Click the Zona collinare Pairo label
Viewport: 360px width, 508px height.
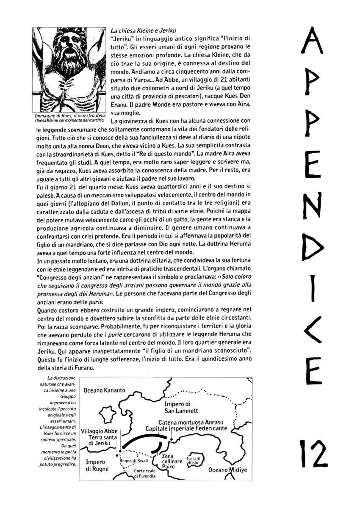(172, 461)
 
